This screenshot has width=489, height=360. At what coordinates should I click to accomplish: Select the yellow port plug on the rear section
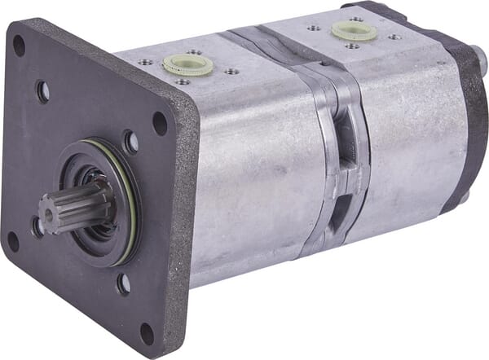click(354, 30)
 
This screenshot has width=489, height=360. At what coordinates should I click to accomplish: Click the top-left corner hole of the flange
click(19, 46)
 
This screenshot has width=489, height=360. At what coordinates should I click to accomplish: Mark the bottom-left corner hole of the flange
click(12, 241)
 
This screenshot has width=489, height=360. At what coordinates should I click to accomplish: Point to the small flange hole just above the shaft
click(130, 142)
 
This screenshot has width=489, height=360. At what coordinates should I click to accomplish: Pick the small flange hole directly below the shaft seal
click(123, 283)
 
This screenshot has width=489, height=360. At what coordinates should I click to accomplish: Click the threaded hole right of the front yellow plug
click(232, 72)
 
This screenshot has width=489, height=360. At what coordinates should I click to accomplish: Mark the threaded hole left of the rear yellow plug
click(315, 27)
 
